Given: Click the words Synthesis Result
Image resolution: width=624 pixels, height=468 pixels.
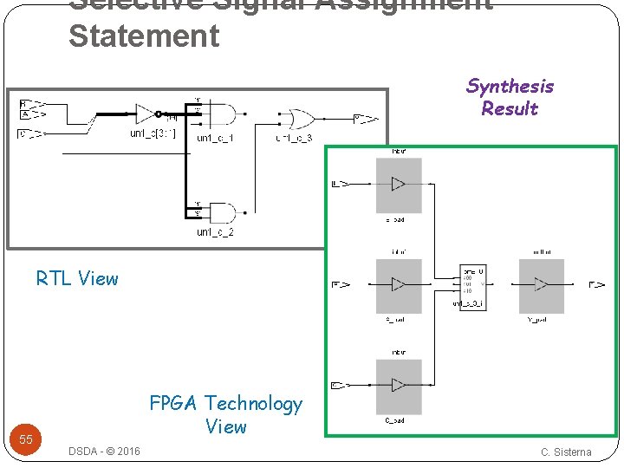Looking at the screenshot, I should pos(510,97).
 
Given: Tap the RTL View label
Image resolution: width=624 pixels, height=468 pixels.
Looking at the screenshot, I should pos(77,278).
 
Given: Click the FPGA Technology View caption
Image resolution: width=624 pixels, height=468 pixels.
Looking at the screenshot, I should pos(225,414).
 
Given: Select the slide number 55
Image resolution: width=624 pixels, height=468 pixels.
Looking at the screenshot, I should pos(26,439).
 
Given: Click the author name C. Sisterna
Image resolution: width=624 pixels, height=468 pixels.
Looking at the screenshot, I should pos(566,452).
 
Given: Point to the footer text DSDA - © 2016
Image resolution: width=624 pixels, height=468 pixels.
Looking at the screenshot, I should pos(104,452).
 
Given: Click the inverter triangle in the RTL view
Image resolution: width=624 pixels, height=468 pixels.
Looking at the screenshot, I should pos(143,114).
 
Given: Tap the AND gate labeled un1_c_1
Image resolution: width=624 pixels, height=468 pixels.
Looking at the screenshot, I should pos(222,114).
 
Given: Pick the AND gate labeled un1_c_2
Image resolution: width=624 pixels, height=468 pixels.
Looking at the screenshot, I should pos(222,212).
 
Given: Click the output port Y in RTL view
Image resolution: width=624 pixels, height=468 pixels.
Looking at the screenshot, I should pos(364,118).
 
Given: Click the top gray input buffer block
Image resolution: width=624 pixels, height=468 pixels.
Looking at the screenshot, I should pos(399,185).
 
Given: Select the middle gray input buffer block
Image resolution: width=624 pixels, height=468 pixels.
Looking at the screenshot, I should pos(399,285).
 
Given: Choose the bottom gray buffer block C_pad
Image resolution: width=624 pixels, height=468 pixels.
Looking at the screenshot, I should pos(399,386).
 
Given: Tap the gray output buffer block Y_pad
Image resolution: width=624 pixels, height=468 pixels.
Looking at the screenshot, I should pos(541,285).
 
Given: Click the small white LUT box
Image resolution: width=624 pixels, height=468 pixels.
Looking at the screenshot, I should pos(472,287).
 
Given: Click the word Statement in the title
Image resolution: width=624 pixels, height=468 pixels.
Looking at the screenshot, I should pos(144,36).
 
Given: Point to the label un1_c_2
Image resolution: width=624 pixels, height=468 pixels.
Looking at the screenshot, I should pos(215,232).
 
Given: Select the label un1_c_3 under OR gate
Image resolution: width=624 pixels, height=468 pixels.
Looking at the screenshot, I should pos(294,138).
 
